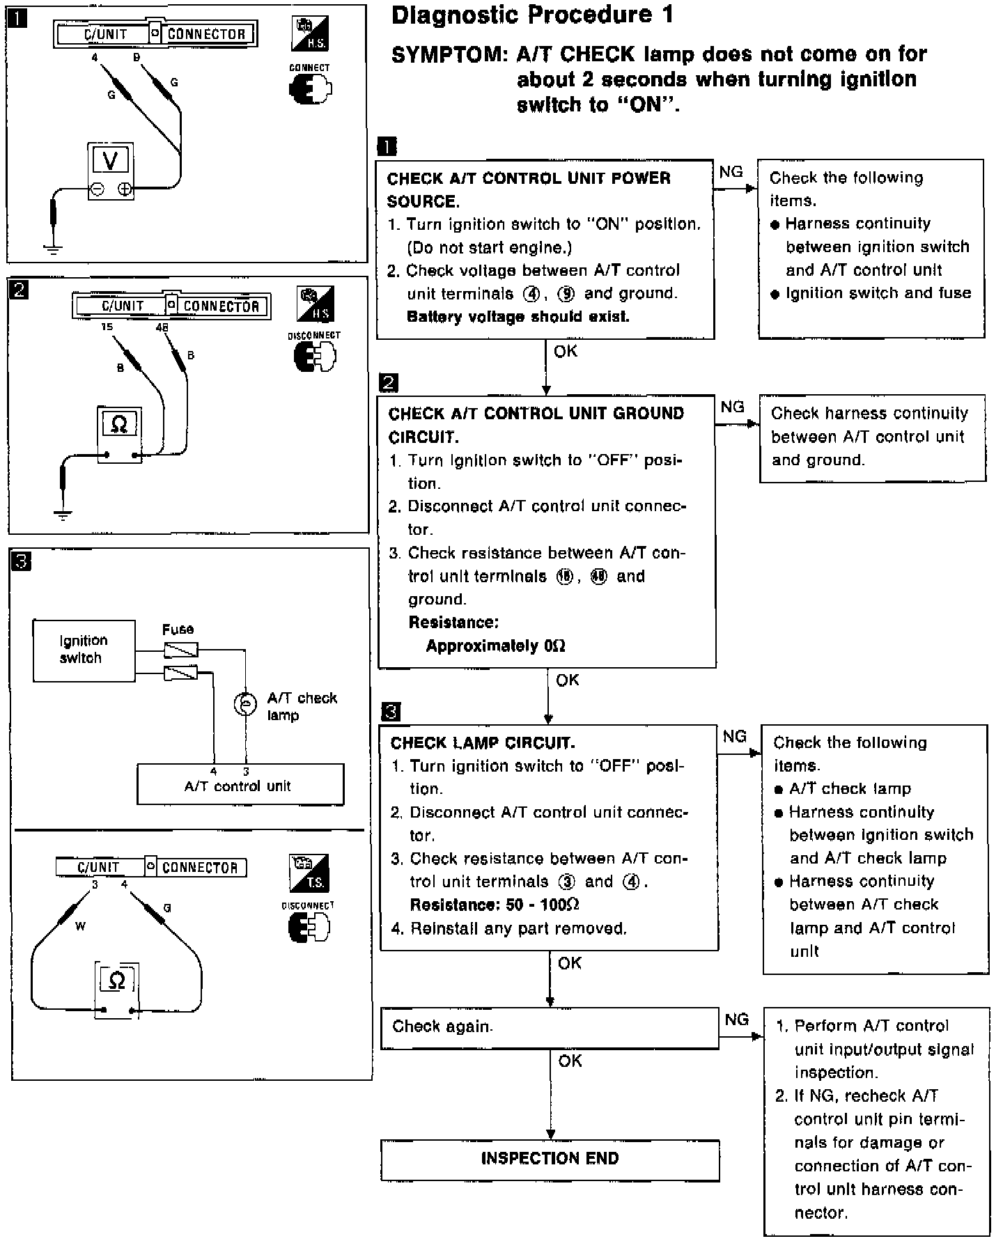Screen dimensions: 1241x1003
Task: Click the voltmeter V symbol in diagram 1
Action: click(110, 160)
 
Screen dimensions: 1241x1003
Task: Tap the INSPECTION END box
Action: click(550, 1158)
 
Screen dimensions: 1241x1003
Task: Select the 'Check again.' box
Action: click(549, 1027)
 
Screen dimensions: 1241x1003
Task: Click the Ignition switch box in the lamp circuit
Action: click(84, 650)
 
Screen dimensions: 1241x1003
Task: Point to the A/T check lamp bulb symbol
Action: click(245, 704)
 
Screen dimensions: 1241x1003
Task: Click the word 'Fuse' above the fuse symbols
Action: click(178, 630)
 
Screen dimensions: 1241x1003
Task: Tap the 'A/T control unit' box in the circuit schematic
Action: click(240, 786)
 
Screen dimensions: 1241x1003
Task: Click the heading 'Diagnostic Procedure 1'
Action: click(532, 15)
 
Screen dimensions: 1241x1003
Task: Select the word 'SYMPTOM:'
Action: click(449, 55)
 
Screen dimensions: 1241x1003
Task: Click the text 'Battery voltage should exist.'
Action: click(518, 317)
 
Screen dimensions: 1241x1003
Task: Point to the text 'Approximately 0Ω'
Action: click(495, 646)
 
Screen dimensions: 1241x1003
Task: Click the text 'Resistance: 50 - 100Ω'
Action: click(495, 905)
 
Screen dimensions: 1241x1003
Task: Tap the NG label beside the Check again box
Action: click(736, 1020)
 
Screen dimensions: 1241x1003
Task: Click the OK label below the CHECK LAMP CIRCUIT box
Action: click(570, 963)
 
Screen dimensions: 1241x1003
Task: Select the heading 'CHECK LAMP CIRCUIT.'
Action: click(483, 743)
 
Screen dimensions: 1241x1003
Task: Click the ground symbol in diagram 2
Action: click(63, 515)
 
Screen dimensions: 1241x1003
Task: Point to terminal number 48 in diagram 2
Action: click(163, 327)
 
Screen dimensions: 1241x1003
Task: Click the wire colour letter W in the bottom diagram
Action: click(80, 927)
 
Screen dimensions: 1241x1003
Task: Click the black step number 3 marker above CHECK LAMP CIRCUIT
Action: click(391, 712)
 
